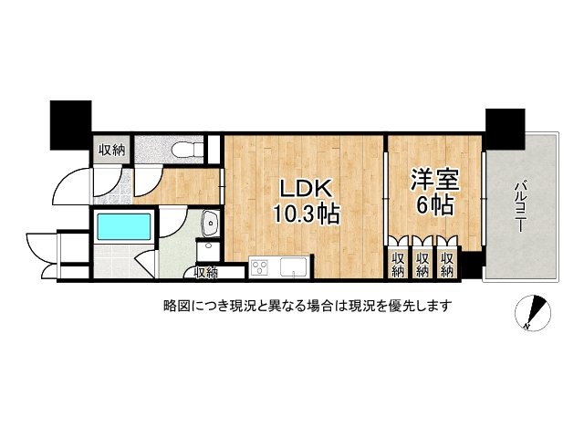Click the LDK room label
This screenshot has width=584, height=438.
coord(306,189)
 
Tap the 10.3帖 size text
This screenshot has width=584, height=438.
coord(307,214)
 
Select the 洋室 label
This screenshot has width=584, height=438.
coord(434,181)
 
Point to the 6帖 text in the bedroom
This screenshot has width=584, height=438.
coord(435,205)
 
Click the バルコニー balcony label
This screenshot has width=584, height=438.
coord(520,206)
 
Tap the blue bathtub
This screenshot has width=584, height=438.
coord(124,226)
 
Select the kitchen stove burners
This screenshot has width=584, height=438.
coord(259,267)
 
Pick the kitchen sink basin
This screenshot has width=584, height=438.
coord(293,267)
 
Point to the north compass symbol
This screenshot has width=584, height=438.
coord(532,312)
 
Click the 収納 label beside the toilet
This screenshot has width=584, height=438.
coord(111,151)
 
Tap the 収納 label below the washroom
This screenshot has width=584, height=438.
coord(206,274)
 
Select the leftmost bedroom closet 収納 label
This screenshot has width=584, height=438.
coord(398,265)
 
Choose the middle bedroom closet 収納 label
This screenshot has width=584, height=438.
coord(422,265)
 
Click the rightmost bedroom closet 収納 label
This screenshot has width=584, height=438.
coord(446,265)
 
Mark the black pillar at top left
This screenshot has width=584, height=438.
coord(71,125)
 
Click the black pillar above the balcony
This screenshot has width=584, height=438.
coord(505,129)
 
